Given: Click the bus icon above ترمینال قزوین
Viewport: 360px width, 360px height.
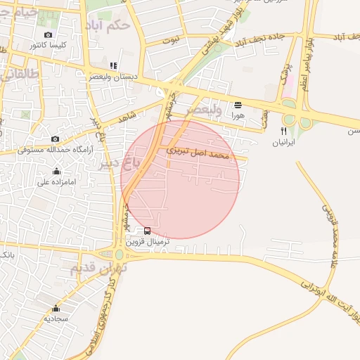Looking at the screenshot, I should [x=147, y=231].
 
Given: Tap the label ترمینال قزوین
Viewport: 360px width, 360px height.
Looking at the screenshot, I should [x=148, y=241].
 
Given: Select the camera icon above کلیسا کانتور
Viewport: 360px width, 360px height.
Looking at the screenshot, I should [x=48, y=35].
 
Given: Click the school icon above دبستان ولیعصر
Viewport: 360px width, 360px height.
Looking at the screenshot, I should [x=113, y=65].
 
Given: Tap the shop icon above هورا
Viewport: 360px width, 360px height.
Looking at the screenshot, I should [x=238, y=105].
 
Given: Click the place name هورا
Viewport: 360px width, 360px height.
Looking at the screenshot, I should [x=238, y=115].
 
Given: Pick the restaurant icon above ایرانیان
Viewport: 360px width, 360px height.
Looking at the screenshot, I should [x=284, y=131].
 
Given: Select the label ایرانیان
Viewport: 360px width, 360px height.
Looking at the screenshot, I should [x=284, y=141].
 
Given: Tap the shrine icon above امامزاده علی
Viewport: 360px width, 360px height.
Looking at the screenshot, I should [x=57, y=172].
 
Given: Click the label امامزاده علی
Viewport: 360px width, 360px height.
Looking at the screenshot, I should [x=57, y=181].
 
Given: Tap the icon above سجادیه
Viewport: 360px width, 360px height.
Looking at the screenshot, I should [x=56, y=308].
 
